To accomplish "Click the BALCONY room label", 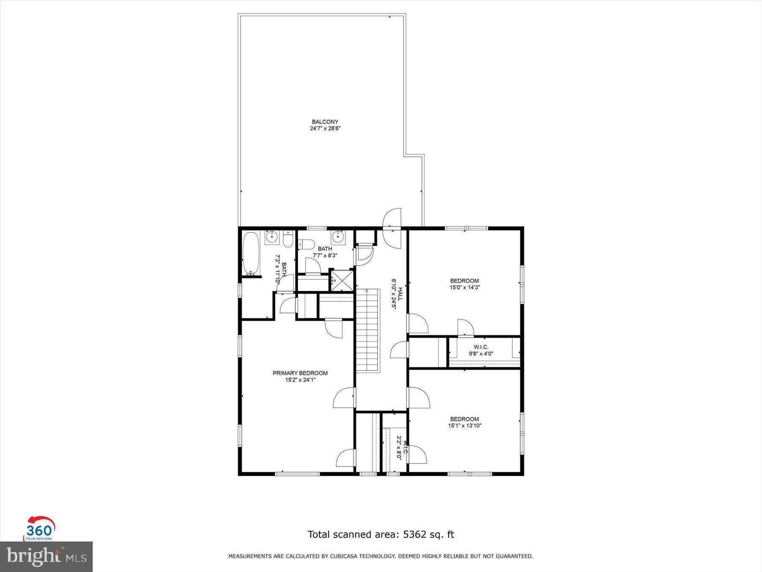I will point(325,122).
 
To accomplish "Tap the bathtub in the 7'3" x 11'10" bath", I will point(251,254).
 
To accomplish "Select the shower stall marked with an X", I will point(341,280).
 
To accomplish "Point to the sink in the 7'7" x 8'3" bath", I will point(338,236).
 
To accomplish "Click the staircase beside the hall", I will point(367,330).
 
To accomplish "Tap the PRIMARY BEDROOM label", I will point(300,373).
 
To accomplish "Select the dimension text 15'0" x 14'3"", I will point(464,287).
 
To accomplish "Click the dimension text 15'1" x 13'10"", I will point(464,426).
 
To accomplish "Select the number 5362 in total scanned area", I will point(414,534).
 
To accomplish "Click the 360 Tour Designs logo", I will point(39,529).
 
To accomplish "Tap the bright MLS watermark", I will point(46,556).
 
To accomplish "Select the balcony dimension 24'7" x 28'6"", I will point(325,128).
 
